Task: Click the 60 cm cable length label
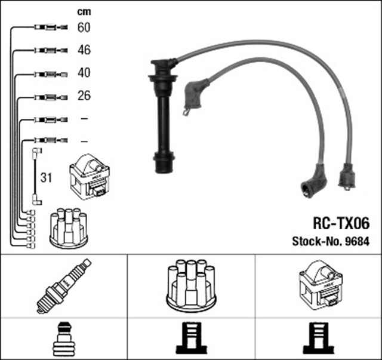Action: (84, 27)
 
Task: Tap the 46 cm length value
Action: (84, 50)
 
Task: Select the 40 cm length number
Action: (84, 73)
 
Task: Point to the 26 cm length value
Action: (84, 96)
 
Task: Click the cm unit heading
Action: (84, 11)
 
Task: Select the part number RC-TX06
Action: (341, 223)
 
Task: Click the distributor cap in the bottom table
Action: (191, 285)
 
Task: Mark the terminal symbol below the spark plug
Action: (63, 339)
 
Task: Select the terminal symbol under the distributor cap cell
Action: (191, 339)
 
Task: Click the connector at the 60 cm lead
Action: (47, 27)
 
